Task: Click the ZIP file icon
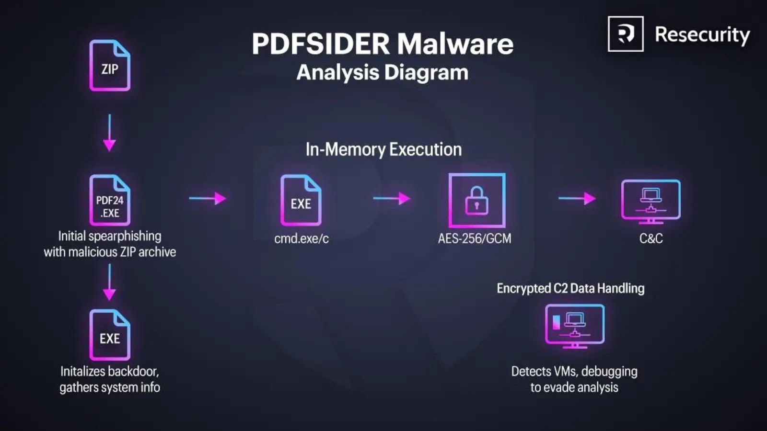pyautogui.click(x=110, y=66)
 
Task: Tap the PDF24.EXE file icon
pyautogui.click(x=110, y=200)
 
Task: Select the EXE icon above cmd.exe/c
pyautogui.click(x=301, y=200)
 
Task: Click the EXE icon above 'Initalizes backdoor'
pyautogui.click(x=110, y=335)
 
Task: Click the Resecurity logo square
pyautogui.click(x=626, y=34)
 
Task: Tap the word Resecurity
pyautogui.click(x=702, y=35)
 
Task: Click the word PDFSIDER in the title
pyautogui.click(x=321, y=44)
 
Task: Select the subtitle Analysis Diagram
pyautogui.click(x=382, y=73)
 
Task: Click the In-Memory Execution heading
pyautogui.click(x=383, y=149)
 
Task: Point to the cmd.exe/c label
pyautogui.click(x=302, y=238)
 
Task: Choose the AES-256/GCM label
pyautogui.click(x=475, y=238)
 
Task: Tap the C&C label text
pyautogui.click(x=651, y=238)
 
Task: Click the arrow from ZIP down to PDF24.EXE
pyautogui.click(x=109, y=133)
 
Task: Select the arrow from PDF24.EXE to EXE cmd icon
pyautogui.click(x=207, y=198)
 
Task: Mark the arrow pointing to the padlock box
pyautogui.click(x=392, y=198)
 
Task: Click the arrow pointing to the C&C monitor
pyautogui.click(x=577, y=198)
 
